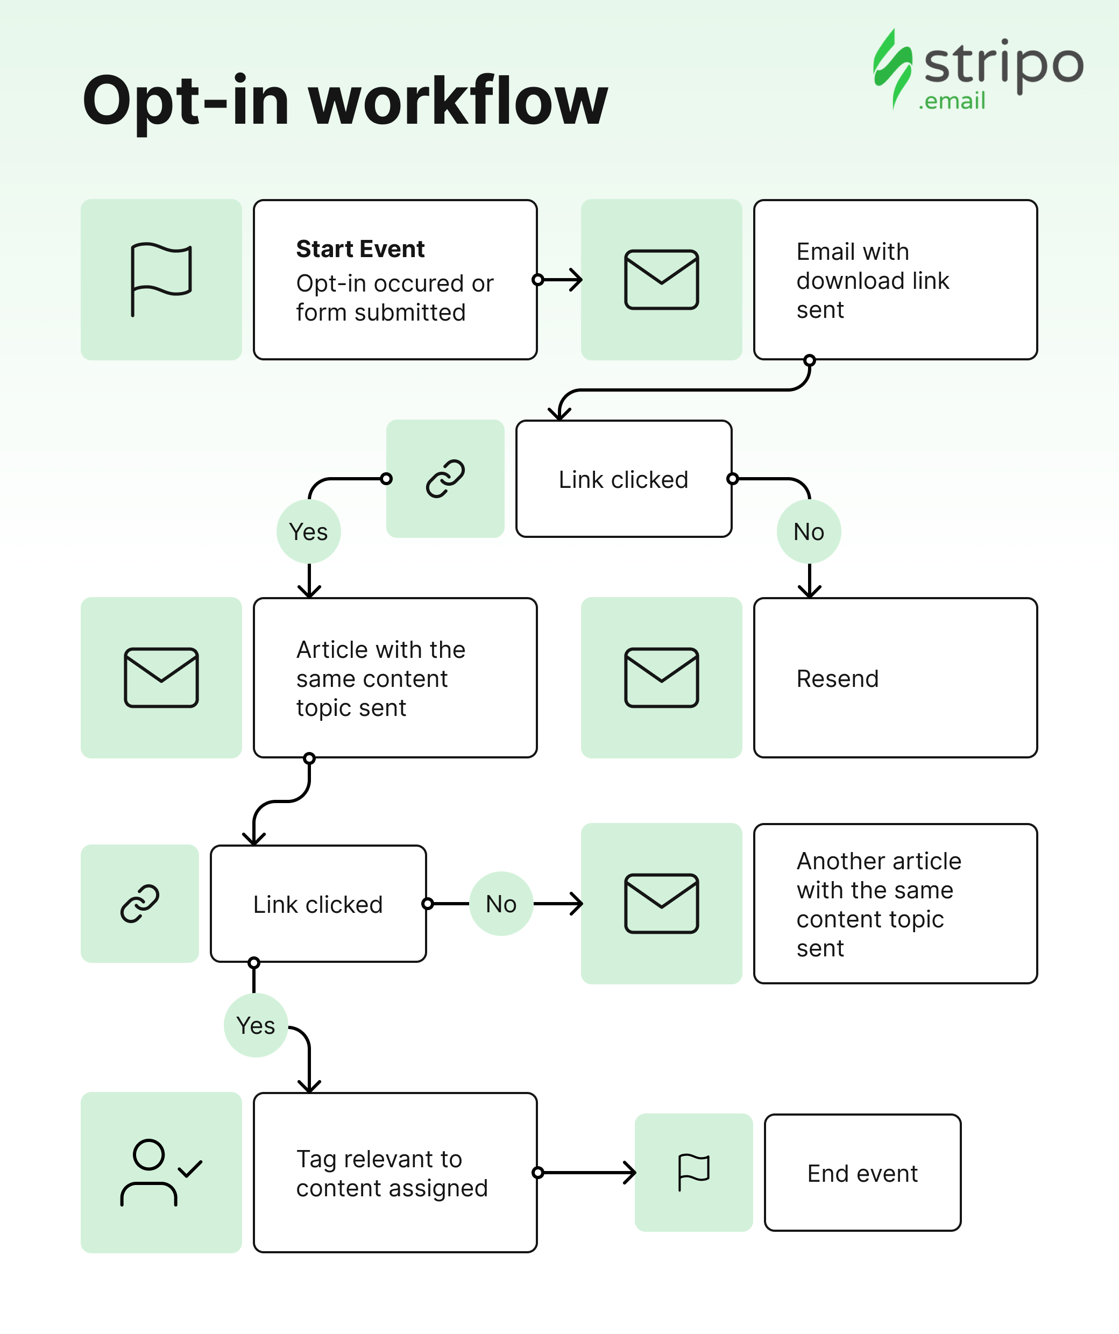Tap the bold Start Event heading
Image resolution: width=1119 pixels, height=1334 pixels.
(x=360, y=249)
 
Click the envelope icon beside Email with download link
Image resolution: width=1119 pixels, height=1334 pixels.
(x=662, y=280)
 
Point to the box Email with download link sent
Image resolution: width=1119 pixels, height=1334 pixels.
(x=895, y=280)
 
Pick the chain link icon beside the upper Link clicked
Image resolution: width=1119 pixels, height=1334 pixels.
(x=445, y=478)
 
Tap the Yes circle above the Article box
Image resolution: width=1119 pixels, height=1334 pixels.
(x=309, y=531)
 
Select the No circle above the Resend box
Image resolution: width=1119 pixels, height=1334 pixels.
(x=809, y=531)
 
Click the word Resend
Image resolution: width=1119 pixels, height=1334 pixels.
(x=838, y=678)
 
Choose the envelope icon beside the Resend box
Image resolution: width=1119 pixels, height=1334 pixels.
(x=662, y=678)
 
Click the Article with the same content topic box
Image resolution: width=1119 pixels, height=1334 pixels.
(x=395, y=678)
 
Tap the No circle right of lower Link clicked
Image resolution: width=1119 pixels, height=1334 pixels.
(x=501, y=903)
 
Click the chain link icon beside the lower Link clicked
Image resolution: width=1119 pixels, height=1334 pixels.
(x=140, y=903)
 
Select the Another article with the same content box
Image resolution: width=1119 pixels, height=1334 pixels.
(x=895, y=904)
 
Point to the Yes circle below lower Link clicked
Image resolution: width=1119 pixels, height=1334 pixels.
(x=256, y=1025)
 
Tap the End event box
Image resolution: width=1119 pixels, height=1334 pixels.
(x=863, y=1173)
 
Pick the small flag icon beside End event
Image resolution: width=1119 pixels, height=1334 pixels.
(x=694, y=1173)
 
